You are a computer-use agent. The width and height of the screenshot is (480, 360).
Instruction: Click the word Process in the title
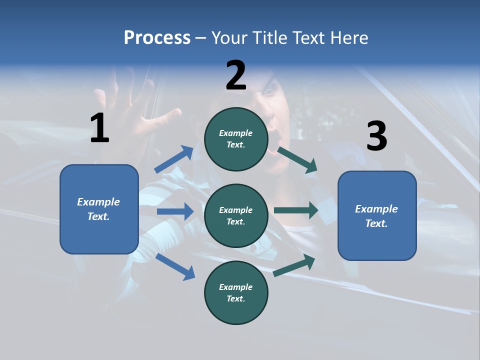pos(157,38)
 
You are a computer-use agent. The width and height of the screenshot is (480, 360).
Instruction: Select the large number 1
pos(99,128)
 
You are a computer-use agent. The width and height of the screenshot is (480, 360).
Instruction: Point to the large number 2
pos(236,75)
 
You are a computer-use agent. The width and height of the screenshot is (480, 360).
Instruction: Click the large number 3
pos(376,136)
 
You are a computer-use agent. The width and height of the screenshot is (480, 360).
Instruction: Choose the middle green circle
pos(236,216)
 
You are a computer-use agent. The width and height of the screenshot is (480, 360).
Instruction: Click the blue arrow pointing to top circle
pos(174,159)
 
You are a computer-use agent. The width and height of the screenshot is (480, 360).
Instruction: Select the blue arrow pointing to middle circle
pos(175,211)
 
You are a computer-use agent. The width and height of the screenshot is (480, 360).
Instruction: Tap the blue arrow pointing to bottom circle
pos(175,266)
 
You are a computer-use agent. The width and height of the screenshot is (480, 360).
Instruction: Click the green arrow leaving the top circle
pos(297,160)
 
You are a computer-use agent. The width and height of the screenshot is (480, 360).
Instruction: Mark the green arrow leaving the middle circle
pos(296,210)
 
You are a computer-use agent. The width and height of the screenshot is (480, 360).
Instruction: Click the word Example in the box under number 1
pos(98,202)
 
